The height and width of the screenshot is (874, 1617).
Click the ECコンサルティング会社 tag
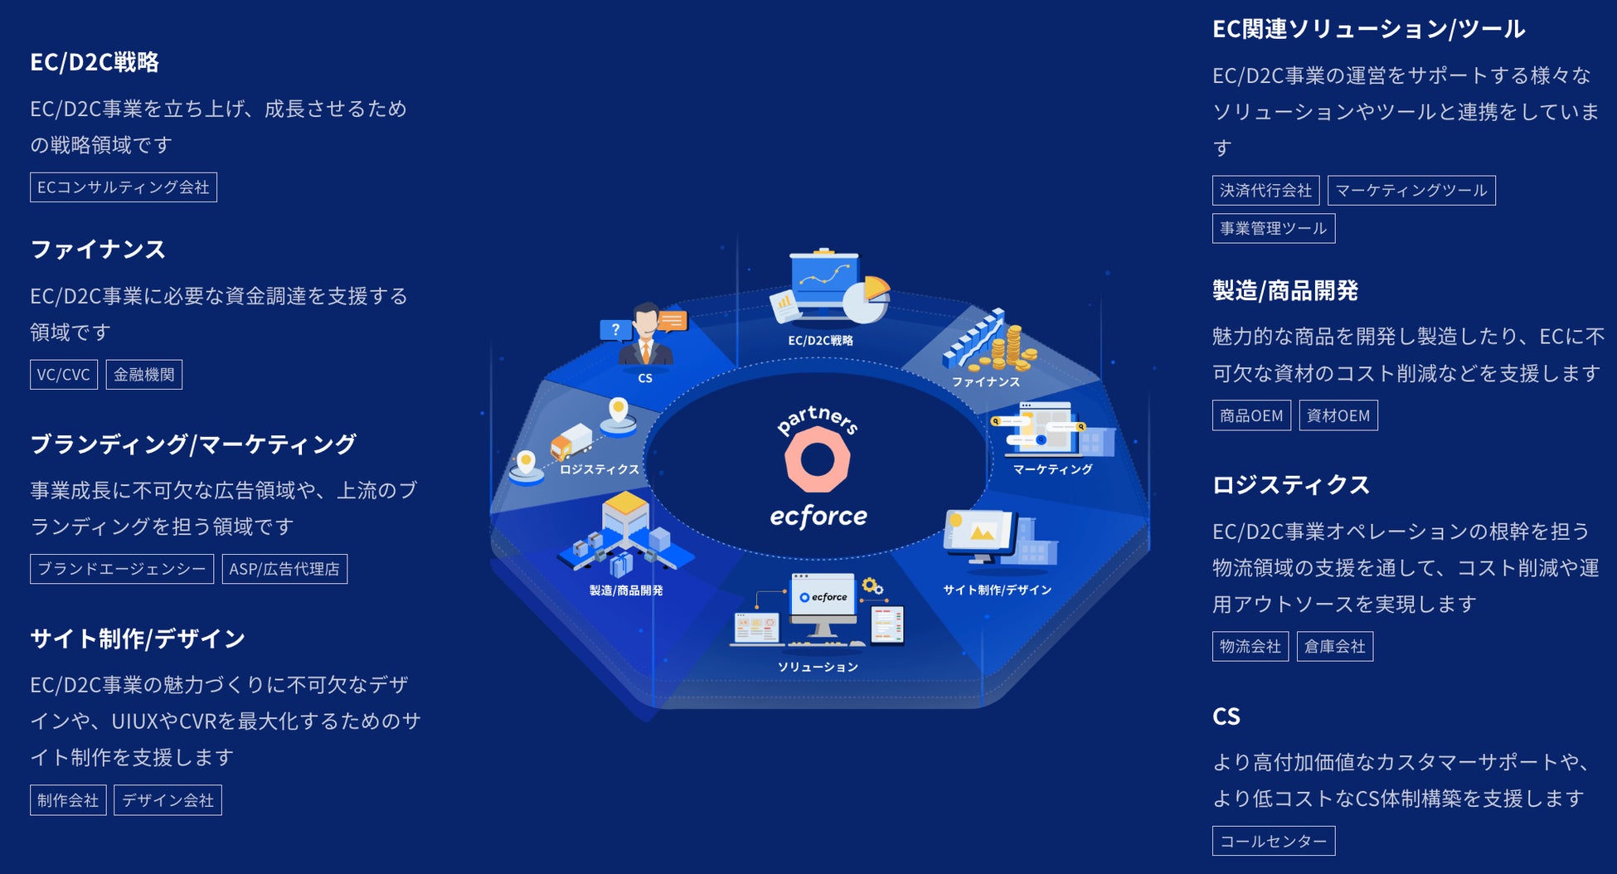point(124,187)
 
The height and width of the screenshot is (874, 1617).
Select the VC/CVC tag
point(64,375)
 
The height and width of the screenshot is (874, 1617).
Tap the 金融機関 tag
point(144,375)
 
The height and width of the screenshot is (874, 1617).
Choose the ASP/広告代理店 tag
point(284,569)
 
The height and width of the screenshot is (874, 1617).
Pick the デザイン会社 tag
point(168,800)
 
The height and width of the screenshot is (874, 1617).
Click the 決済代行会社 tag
point(1265,191)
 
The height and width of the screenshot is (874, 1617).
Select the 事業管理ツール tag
point(1273,229)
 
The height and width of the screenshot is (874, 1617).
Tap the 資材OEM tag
point(1338,415)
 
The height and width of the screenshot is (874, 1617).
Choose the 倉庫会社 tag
point(1334,647)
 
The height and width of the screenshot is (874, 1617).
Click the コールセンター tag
point(1273,841)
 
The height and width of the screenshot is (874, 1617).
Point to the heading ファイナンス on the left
point(98,250)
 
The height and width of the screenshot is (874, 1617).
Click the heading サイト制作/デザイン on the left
point(138,639)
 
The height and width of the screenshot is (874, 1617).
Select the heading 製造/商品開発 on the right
point(1284,291)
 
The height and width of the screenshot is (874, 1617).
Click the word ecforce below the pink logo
point(818,517)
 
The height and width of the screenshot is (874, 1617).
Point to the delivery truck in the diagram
point(571,441)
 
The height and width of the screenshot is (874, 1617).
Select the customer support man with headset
point(645,336)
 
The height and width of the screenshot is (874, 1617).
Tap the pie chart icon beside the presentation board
point(867,299)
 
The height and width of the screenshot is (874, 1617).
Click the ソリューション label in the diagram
point(818,667)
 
